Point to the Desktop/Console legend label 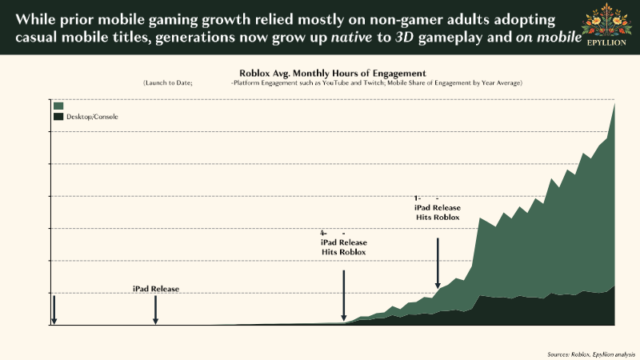tap(92, 117)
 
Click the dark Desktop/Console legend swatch tap(58, 117)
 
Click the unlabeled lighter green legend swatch tap(58, 106)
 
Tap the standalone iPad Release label tap(156, 289)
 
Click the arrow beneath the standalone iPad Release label tap(155, 310)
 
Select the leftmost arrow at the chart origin tap(54, 310)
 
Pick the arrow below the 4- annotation tap(343, 295)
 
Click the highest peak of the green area tap(614, 103)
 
